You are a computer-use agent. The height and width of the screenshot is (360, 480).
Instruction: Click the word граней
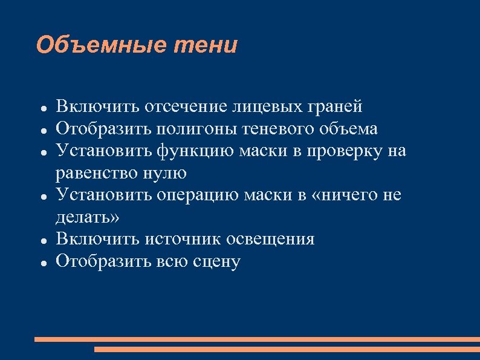click(334, 108)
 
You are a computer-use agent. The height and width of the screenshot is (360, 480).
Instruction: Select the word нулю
click(167, 173)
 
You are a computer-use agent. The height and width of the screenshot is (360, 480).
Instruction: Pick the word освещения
click(270, 239)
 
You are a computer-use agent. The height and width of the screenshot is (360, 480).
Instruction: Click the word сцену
click(216, 261)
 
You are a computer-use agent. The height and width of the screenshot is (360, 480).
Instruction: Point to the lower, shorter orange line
click(287, 349)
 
